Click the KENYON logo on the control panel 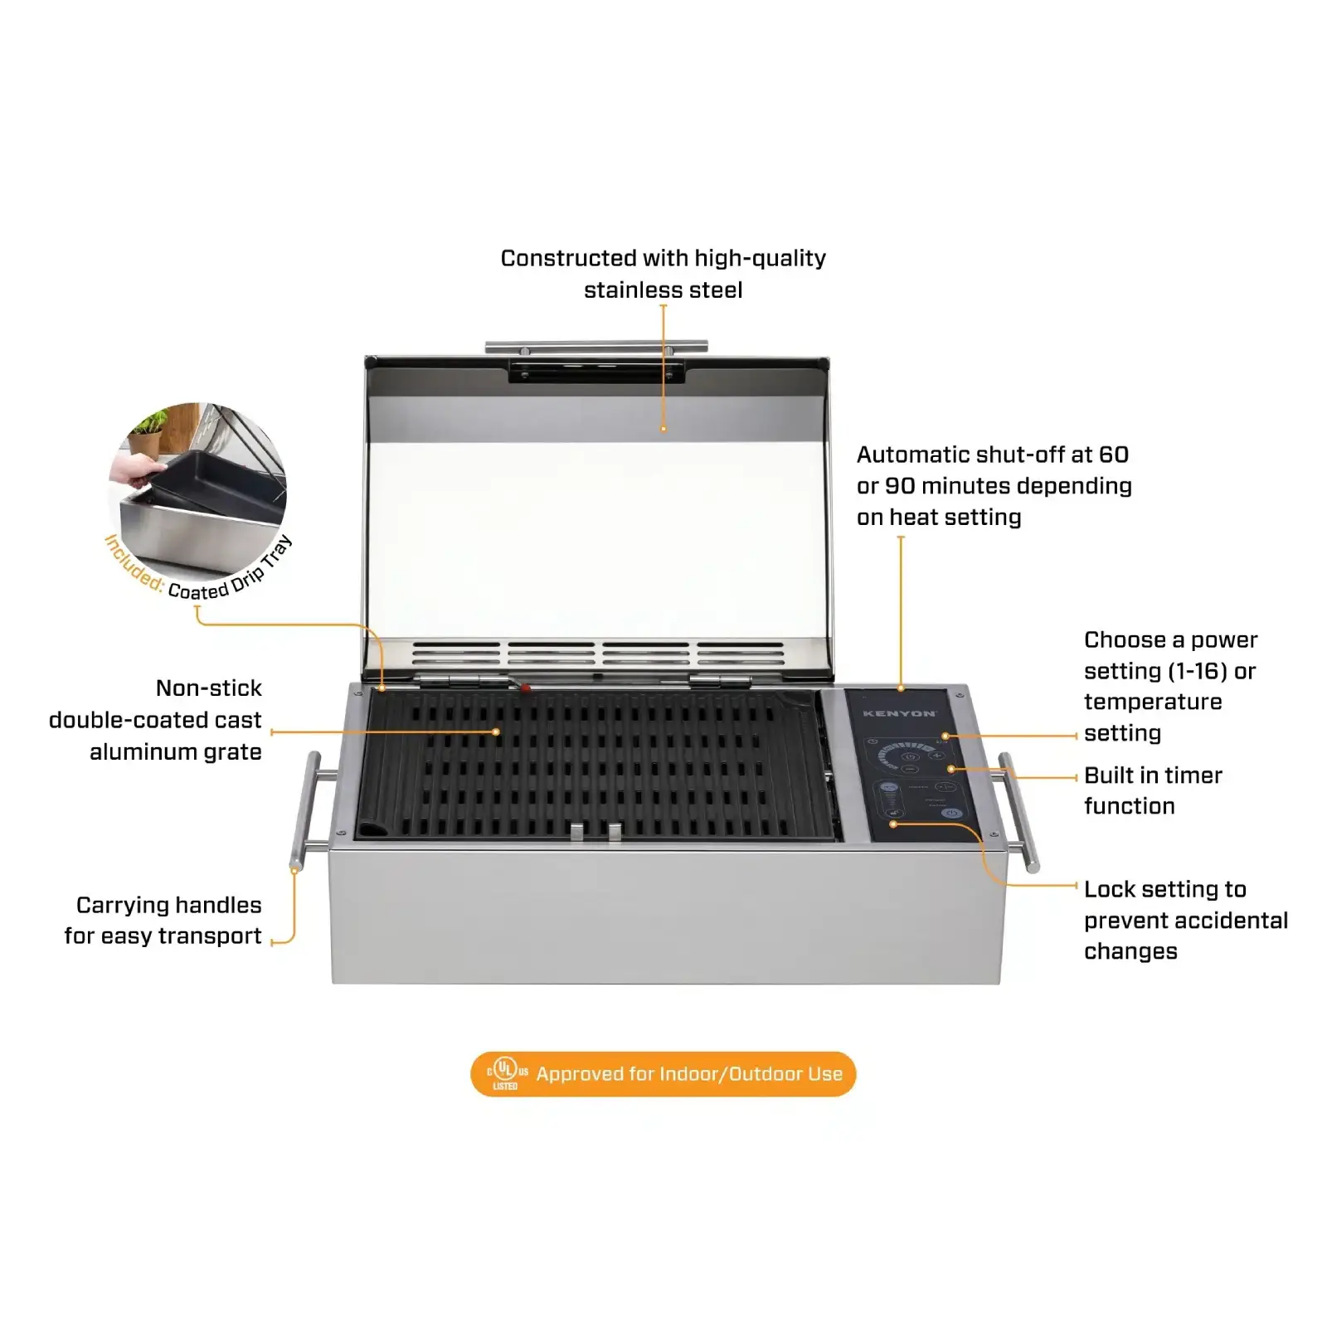900,713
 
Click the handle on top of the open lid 596,347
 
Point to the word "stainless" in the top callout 633,290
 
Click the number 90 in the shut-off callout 900,486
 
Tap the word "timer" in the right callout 1191,775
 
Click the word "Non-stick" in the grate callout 209,688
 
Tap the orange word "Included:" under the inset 134,564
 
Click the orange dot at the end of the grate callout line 496,732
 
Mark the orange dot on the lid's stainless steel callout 663,429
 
